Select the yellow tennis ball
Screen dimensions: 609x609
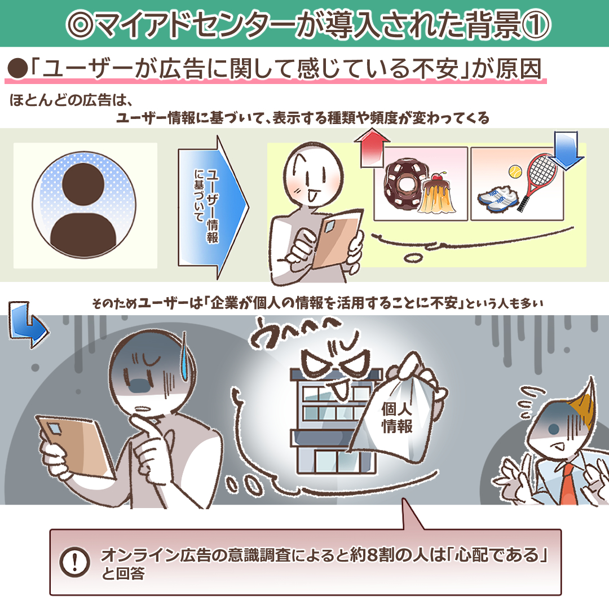point(515,171)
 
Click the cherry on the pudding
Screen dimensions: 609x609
point(439,176)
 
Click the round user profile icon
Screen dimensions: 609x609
point(84,205)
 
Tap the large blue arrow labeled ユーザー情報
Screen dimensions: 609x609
point(213,207)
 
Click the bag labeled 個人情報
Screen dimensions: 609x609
point(398,412)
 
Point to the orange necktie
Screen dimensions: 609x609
point(568,484)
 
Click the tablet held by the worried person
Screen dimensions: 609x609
point(76,446)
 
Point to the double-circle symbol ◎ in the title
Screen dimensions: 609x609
point(80,25)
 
